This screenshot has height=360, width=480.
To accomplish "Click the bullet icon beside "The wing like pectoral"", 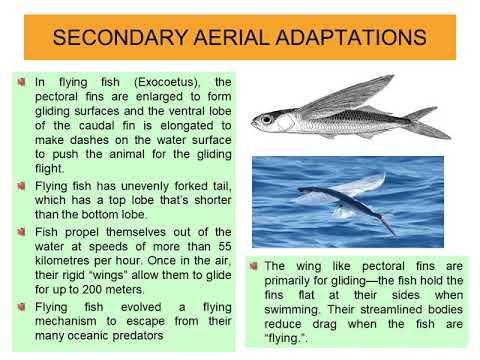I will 255,266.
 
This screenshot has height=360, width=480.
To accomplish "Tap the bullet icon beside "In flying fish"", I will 22,81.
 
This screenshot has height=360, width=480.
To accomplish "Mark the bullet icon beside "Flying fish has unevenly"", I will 22,186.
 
